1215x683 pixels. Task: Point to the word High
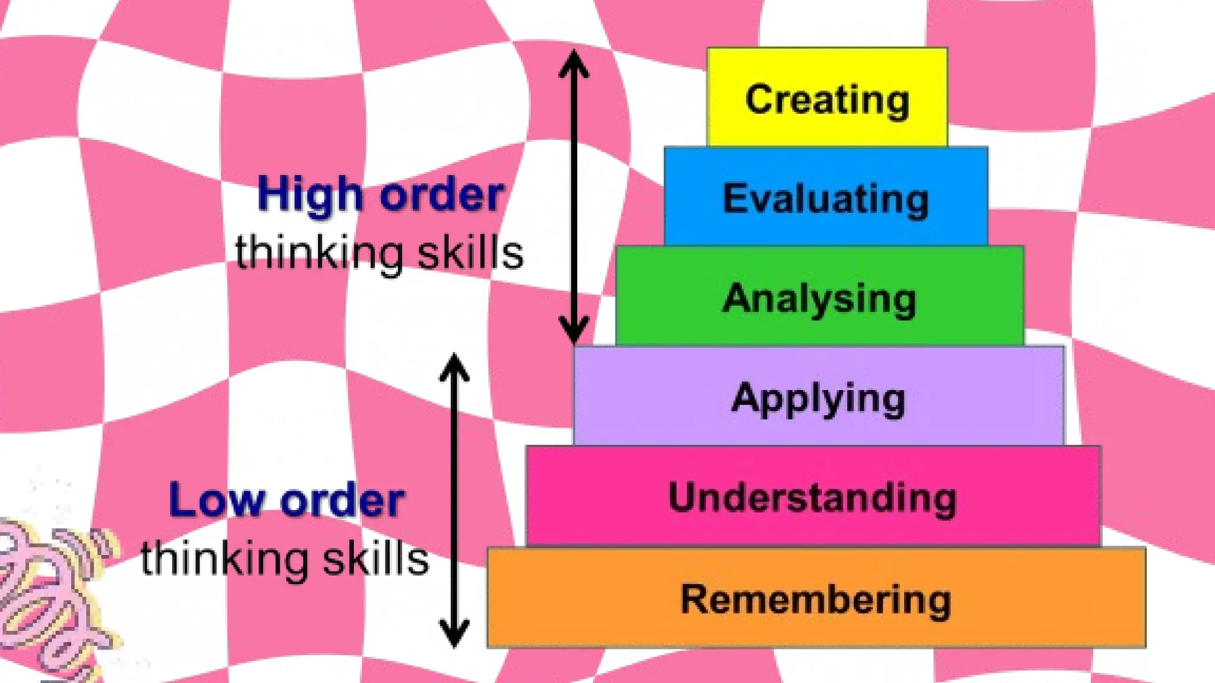click(x=309, y=196)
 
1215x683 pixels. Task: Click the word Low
click(x=216, y=501)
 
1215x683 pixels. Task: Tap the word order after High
click(x=442, y=196)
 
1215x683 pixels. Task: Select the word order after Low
click(x=342, y=501)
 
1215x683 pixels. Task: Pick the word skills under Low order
click(x=375, y=559)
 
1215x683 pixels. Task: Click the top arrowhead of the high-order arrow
click(x=574, y=62)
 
